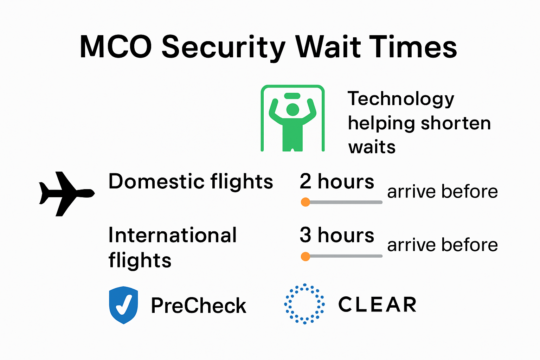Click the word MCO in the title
click(x=116, y=47)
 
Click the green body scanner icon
click(x=292, y=118)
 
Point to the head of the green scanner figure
click(x=292, y=109)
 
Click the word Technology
click(x=401, y=99)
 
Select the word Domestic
click(x=156, y=182)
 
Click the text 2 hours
click(x=337, y=182)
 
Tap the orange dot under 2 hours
click(x=305, y=202)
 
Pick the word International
click(x=172, y=235)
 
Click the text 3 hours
click(x=337, y=235)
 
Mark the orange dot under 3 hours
click(x=305, y=256)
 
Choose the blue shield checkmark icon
click(x=123, y=305)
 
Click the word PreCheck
click(x=198, y=306)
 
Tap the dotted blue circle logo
click(x=304, y=304)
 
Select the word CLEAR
click(x=377, y=304)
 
